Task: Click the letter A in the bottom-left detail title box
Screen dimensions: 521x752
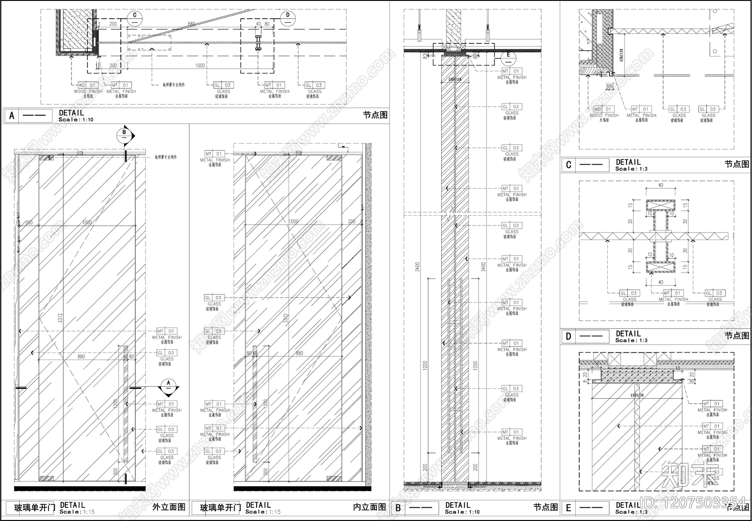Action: (12, 115)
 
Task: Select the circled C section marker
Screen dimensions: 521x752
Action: (134, 19)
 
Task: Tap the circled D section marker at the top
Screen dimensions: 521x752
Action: (288, 18)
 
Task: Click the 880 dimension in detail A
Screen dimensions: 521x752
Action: (191, 24)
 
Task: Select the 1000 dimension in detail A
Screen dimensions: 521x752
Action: (200, 65)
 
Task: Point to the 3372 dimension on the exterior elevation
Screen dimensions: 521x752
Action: (60, 318)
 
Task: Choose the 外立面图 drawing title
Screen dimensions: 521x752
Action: (169, 507)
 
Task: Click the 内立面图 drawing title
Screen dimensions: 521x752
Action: (369, 507)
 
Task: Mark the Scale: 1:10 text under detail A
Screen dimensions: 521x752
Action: (76, 120)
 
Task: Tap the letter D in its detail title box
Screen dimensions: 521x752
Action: (569, 337)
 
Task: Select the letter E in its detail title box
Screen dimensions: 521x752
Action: (569, 508)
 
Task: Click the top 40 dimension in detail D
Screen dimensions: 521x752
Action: (661, 185)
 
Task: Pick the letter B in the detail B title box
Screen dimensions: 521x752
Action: (398, 508)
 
